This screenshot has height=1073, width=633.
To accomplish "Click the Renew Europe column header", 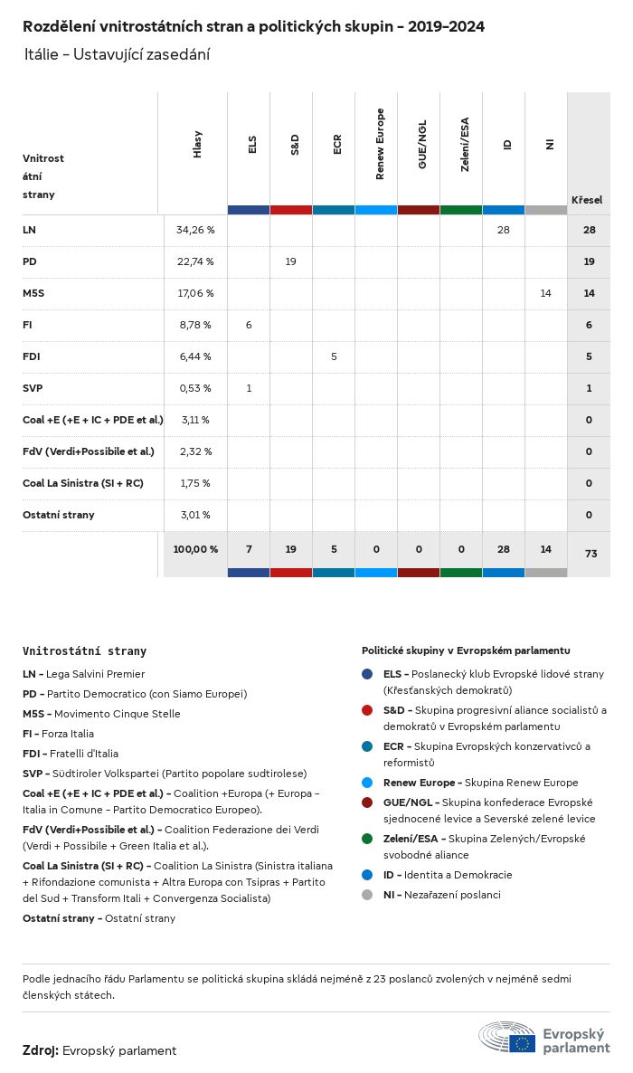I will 380,144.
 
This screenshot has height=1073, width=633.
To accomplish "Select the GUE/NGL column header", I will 422,145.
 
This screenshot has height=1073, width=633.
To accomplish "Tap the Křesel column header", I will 587,200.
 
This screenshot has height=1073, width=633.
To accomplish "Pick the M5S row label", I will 33,293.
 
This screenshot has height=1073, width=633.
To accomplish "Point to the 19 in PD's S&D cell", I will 291,261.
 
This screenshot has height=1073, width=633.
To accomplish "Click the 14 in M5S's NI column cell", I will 545,293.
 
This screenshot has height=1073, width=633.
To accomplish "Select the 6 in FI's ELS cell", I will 249,325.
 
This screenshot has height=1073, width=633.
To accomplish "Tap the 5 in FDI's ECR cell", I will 334,356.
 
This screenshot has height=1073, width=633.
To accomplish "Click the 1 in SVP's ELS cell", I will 249,388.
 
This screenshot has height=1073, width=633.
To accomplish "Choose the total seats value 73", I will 590,553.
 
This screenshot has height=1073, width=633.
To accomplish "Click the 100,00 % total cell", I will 195,549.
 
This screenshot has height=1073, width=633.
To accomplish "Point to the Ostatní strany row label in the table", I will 59,515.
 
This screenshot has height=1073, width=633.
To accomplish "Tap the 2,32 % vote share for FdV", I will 195,451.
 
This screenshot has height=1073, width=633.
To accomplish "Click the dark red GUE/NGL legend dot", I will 367,802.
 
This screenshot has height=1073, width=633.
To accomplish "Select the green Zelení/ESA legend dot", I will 367,839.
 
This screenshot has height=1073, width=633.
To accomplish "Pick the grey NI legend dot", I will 367,895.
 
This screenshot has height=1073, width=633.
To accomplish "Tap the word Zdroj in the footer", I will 41,1050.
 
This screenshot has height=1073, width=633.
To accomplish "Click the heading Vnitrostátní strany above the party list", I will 84,650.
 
